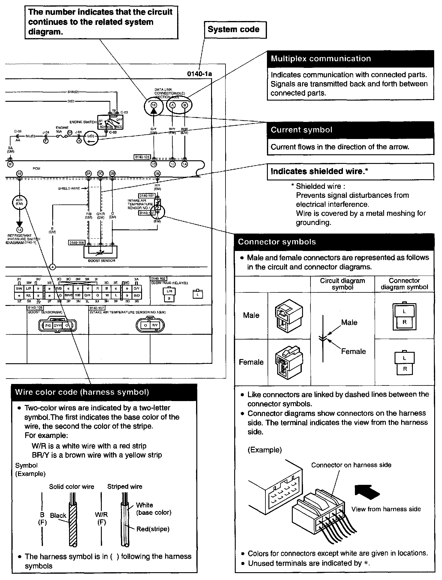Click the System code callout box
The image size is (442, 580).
coord(235,29)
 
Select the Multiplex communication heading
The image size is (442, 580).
coord(321,59)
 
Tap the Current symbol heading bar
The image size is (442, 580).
coord(301,130)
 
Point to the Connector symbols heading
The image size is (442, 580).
coord(277,242)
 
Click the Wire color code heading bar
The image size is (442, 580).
coord(82,392)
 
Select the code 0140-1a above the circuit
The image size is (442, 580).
coord(200,74)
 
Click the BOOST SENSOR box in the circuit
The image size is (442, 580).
coord(101,252)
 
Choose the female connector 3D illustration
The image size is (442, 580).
coord(289,362)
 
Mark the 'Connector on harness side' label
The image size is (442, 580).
coord(351,465)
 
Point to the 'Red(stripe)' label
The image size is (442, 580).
coord(153,529)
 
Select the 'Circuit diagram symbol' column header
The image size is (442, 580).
coord(342,284)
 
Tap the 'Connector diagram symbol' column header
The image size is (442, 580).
coord(404,284)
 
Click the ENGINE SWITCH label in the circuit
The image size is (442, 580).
coord(83,122)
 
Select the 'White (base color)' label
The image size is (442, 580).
coord(153,509)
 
